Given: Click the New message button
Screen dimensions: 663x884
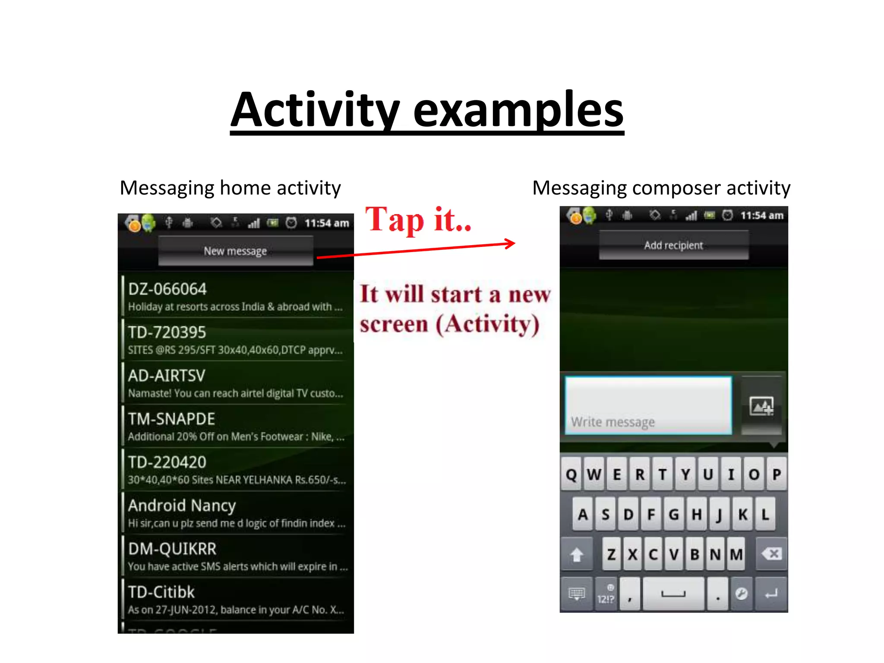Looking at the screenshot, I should point(235,251).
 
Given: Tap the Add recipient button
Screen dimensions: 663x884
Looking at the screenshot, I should point(673,245).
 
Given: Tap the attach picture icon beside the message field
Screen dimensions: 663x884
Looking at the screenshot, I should point(761,406).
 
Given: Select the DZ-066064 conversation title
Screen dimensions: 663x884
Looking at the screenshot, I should point(167,289).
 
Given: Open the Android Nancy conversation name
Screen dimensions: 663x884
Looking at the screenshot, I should point(182,505).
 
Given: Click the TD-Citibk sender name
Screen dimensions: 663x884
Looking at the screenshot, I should point(161,592).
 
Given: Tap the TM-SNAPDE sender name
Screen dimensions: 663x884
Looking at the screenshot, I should point(171,419).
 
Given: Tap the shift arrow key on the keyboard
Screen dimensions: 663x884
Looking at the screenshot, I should point(577,554).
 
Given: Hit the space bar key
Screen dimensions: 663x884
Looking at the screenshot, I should point(673,594).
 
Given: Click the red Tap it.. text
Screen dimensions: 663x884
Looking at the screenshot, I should point(418,220).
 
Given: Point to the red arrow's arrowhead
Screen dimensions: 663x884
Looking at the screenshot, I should point(511,243).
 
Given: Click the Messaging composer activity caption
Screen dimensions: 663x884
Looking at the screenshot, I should point(661,188).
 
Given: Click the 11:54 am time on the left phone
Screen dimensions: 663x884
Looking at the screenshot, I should point(327,223).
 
